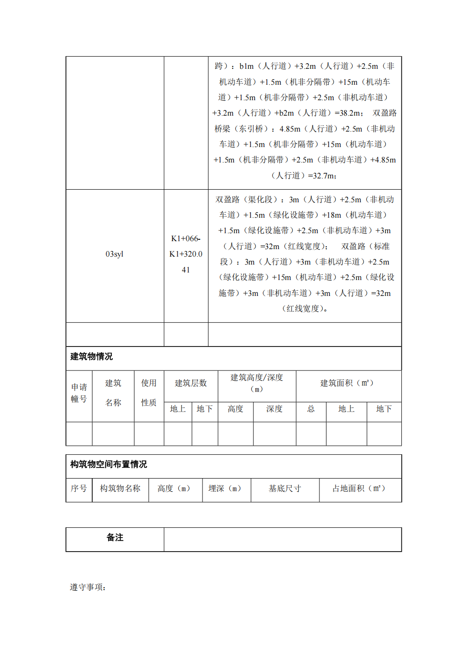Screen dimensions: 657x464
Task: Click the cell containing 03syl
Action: tap(115, 254)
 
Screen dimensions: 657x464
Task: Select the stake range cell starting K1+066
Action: tap(186, 254)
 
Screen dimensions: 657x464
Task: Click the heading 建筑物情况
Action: tap(92, 357)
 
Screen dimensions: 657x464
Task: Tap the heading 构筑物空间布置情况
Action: tap(109, 465)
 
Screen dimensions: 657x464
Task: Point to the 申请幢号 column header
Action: tap(79, 393)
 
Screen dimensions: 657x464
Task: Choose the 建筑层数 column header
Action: tap(191, 384)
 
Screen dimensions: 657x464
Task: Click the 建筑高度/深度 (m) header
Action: tap(257, 383)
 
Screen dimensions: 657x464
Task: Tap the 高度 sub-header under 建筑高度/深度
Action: tap(235, 409)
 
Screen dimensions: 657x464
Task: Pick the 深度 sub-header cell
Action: tap(275, 409)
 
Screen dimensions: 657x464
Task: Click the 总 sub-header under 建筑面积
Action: tap(311, 409)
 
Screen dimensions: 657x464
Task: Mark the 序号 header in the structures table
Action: tap(79, 489)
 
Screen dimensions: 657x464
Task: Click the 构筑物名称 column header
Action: tap(120, 489)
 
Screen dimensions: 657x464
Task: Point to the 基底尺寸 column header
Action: tap(285, 489)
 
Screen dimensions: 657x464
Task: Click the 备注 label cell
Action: tap(115, 538)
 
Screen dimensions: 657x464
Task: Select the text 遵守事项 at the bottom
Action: tap(87, 587)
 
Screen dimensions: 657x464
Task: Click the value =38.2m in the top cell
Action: tap(348, 113)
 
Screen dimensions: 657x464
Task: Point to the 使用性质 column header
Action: tap(149, 393)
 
